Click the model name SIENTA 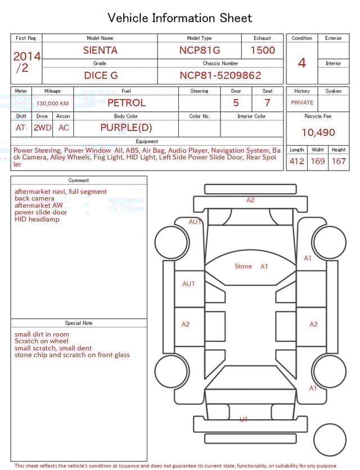point(100,50)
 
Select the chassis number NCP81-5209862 point(220,75)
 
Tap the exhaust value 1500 point(263,50)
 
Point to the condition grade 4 point(302,63)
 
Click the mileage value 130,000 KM point(52,104)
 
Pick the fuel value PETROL point(126,103)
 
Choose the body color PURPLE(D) point(126,128)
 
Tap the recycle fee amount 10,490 point(318,133)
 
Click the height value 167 point(339,162)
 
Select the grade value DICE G point(100,75)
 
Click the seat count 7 point(267,103)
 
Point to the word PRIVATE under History point(302,103)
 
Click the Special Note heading point(79,323)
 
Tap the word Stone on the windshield point(243,266)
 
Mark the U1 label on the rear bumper point(244,419)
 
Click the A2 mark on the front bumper point(250,200)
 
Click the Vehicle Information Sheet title point(180,18)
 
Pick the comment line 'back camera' point(34,199)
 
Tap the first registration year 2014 point(26,56)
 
